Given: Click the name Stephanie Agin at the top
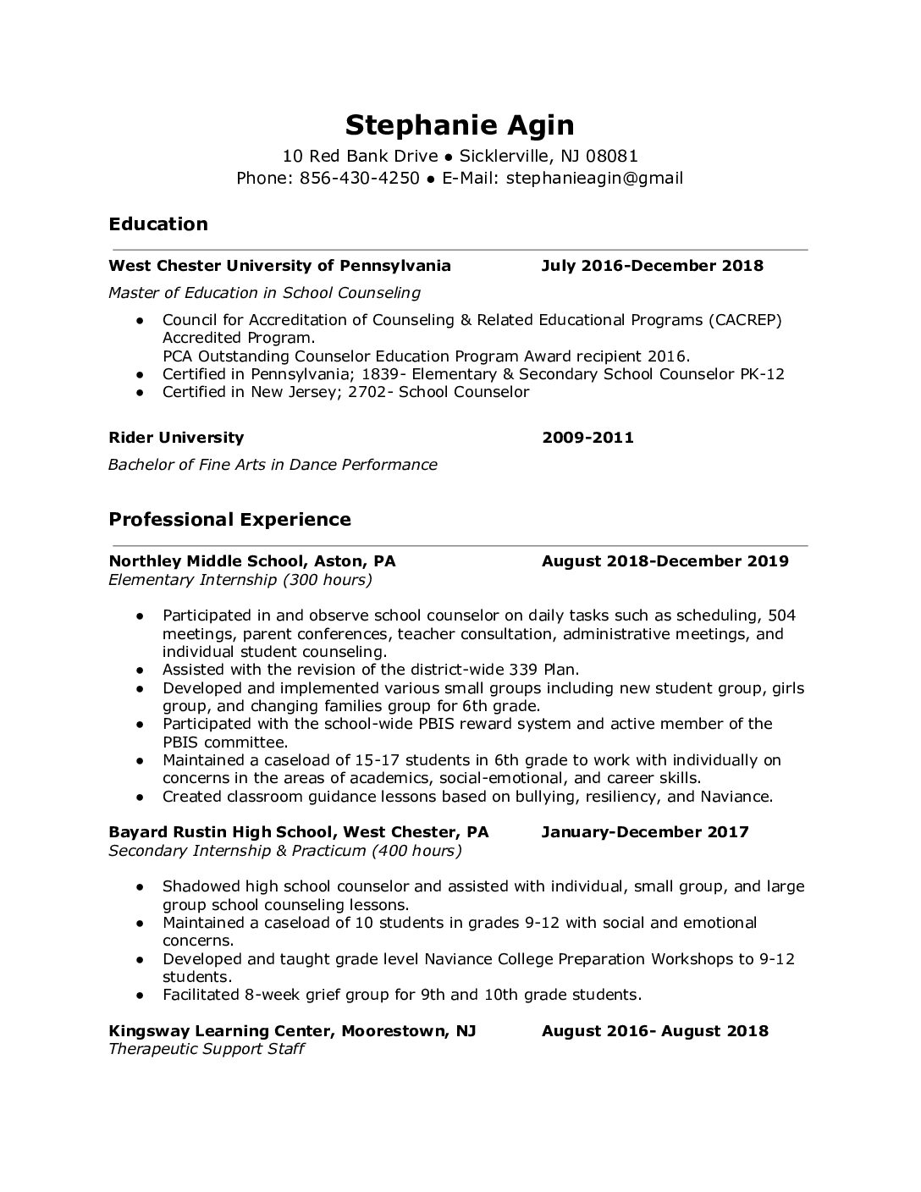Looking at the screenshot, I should click(460, 125).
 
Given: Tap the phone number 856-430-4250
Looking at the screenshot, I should click(360, 178).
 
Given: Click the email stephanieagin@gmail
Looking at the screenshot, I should click(594, 178).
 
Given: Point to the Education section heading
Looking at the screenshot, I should click(158, 224).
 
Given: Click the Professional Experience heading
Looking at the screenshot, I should click(229, 519).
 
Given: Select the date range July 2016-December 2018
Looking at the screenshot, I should click(652, 266).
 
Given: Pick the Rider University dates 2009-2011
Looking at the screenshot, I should click(587, 438).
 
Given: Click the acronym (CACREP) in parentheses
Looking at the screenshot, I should click(745, 320).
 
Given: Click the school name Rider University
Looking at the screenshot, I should click(176, 438).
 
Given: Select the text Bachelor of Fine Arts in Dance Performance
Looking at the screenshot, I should click(273, 465).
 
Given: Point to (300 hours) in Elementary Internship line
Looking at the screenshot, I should click(328, 580).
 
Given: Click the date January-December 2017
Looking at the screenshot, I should click(645, 831).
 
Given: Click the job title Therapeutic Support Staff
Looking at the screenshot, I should click(206, 1049).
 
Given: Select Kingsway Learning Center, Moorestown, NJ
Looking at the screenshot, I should click(292, 1031).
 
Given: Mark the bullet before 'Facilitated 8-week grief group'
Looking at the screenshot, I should click(141, 996).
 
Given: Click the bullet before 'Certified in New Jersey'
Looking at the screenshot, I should click(141, 393).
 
